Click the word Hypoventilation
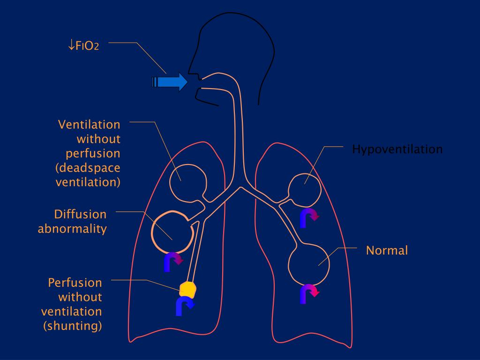[x=397, y=150]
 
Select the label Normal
[x=387, y=250]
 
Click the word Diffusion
[x=80, y=214]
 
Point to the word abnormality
[x=72, y=229]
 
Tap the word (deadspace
[x=88, y=168]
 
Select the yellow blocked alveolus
[x=188, y=289]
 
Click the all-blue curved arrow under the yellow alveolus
[x=184, y=306]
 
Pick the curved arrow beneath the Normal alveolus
[x=309, y=293]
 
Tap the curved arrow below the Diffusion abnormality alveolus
[x=172, y=262]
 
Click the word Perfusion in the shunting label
[x=75, y=283]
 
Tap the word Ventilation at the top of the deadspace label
[x=89, y=125]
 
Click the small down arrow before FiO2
[x=71, y=45]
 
